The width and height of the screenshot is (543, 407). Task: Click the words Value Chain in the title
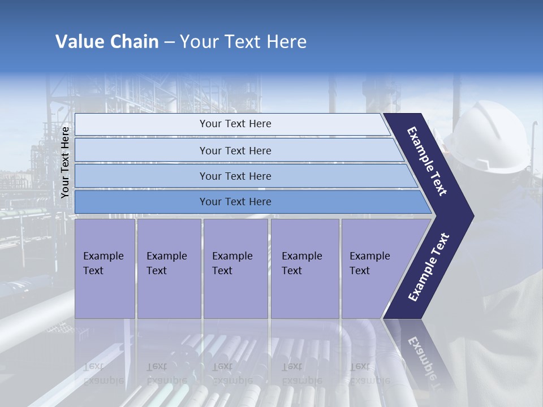coord(107,42)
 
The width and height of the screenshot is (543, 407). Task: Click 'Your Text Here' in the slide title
coord(243,42)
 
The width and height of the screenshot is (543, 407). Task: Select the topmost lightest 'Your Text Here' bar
coord(235,124)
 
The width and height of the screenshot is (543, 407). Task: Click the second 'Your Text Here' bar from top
coord(235,150)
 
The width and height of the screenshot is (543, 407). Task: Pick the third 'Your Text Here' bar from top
coord(235,176)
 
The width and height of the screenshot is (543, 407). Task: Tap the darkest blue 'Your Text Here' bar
coord(235,202)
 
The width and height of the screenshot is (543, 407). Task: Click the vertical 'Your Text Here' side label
coord(65,162)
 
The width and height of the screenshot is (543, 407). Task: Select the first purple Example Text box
coord(105,268)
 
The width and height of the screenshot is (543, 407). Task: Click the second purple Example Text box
coord(169,268)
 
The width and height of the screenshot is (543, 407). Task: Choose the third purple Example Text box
coord(235,268)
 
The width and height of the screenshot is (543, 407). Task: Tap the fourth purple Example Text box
coord(304,268)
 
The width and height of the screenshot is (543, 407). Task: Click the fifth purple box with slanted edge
coord(373,268)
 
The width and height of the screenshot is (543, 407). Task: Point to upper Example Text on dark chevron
coord(427,161)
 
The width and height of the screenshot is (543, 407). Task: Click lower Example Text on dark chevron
coord(429,267)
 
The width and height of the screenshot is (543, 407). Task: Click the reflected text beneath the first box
coord(103,374)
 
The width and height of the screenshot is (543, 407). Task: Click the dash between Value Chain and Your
coord(169,42)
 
